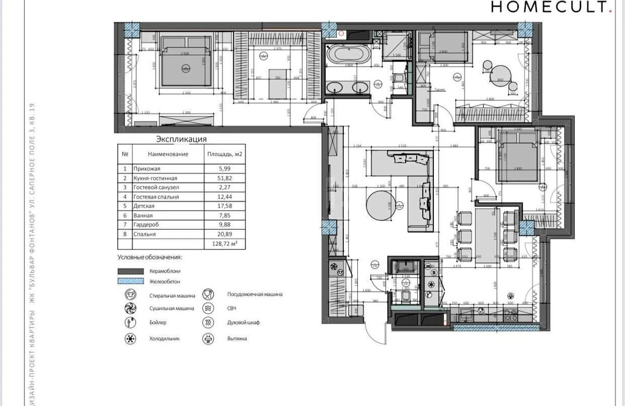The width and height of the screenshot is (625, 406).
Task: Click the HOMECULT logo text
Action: tap(549, 7)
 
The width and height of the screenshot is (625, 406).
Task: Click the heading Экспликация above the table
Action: tap(182, 139)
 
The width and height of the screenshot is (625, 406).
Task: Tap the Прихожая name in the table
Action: tap(147, 169)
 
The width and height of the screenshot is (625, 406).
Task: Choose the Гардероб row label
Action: tap(146, 225)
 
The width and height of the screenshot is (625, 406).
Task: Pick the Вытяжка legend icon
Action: tap(208, 339)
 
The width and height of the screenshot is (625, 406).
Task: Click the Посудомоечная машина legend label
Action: tap(255, 294)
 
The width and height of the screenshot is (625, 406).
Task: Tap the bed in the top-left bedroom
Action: tap(186, 67)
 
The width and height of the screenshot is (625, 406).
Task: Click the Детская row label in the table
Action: tap(144, 206)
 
